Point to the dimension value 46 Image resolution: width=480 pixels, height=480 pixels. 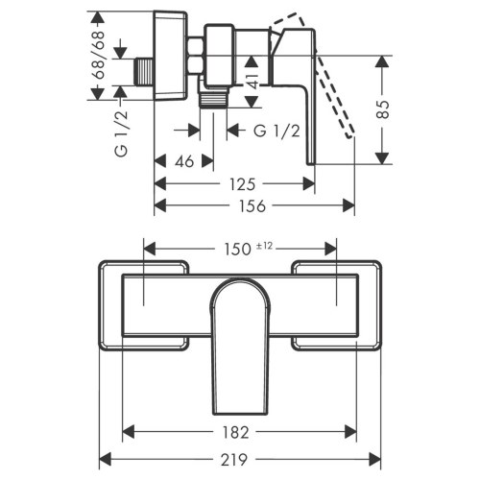click(184, 161)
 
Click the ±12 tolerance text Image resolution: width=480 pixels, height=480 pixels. click(265, 245)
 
